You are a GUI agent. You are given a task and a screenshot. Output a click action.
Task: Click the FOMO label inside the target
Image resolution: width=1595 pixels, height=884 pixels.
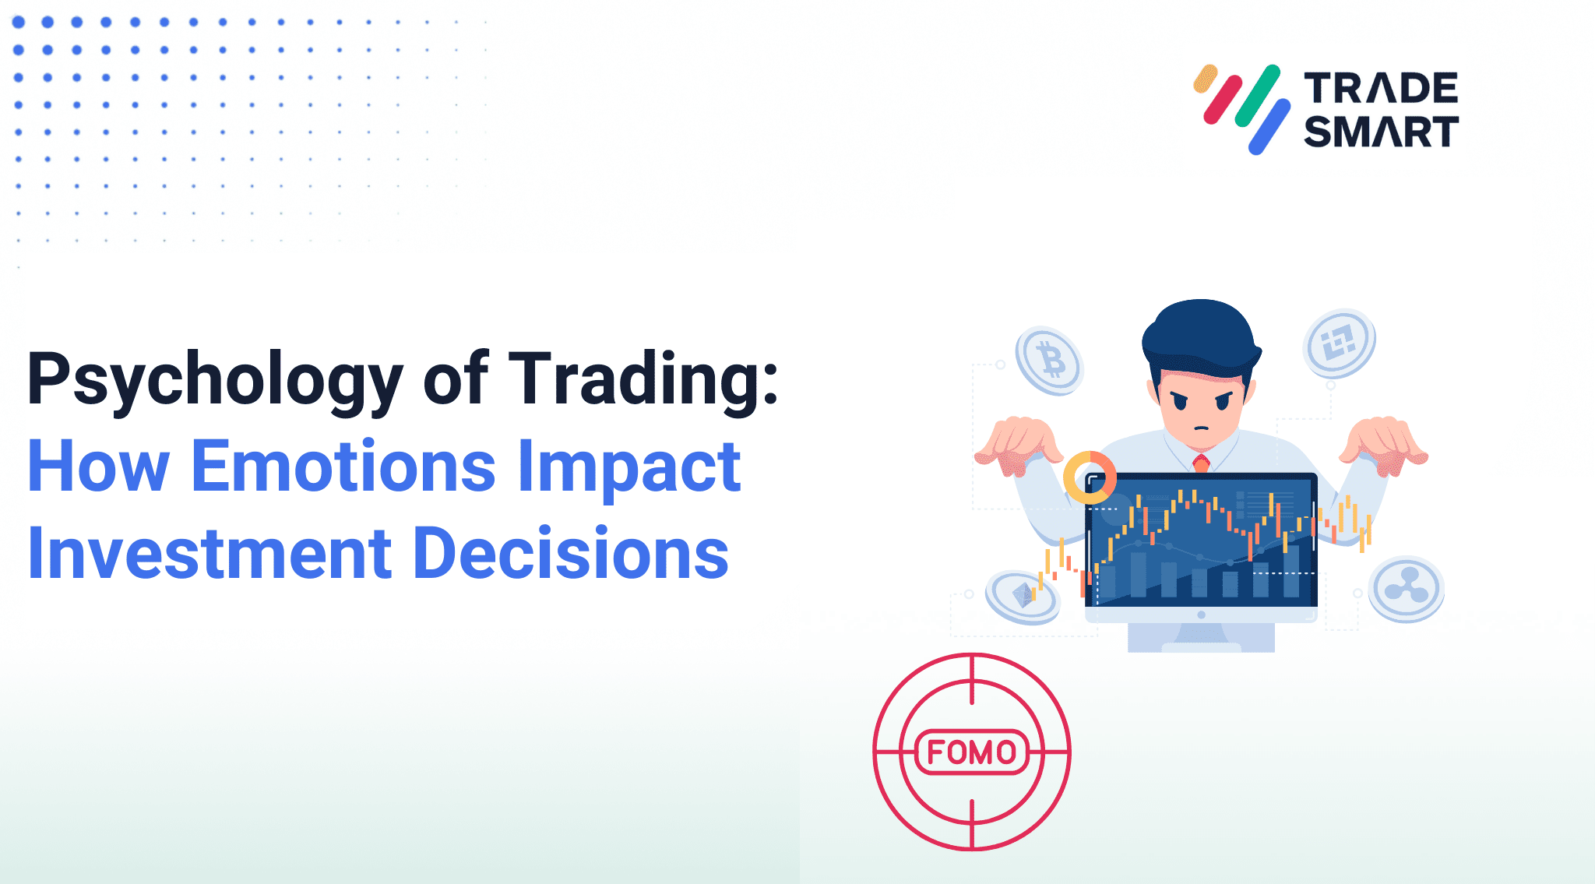coord(971,752)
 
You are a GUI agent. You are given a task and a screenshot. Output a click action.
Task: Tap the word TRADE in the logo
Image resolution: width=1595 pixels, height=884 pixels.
coord(1381,88)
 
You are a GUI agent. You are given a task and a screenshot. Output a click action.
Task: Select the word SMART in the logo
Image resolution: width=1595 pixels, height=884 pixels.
coord(1381,131)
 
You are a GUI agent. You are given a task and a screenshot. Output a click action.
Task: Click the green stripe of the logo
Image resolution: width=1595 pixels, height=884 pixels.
coord(1257,96)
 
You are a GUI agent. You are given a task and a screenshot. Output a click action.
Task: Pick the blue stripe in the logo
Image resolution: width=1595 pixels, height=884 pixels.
coord(1269,126)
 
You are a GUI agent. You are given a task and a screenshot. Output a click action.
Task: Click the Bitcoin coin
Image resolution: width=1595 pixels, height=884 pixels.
coord(1050,360)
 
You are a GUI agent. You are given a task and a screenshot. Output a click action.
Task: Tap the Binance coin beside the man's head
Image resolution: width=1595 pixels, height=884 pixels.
coord(1339,343)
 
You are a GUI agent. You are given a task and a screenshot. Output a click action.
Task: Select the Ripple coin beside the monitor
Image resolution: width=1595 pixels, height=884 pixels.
coord(1407,588)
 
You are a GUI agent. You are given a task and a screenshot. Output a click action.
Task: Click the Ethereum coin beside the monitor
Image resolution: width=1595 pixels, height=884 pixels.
coord(1023,597)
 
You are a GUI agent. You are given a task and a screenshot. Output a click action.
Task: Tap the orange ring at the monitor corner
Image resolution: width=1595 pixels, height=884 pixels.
coord(1090,477)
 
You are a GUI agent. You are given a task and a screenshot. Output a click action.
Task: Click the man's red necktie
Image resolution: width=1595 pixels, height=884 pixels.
coord(1201,463)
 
